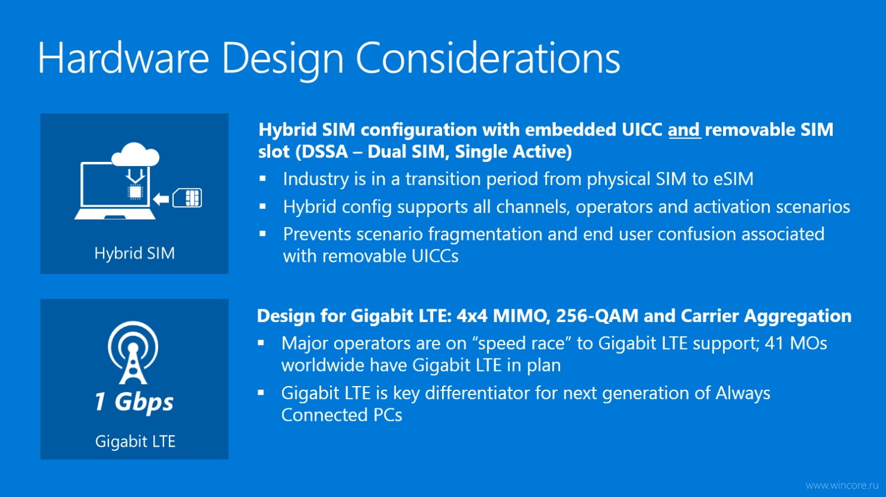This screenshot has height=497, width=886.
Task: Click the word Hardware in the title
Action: (123, 58)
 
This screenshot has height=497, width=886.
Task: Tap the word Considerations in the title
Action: (488, 58)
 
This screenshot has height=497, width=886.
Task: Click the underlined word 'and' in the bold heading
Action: (684, 129)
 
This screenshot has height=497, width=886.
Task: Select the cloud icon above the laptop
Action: (135, 154)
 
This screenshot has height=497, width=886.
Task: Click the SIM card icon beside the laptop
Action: (187, 198)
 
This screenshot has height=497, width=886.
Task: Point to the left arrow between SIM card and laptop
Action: (161, 198)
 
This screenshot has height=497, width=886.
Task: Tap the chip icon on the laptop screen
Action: (135, 192)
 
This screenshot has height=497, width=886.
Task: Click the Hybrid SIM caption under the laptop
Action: (134, 253)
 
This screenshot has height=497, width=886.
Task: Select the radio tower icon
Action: (133, 352)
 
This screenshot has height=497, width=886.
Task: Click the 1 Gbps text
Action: (134, 402)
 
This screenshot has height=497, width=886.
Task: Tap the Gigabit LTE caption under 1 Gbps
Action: (135, 442)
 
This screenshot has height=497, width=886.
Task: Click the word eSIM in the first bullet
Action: (733, 179)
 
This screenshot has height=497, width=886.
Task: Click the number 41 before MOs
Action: (775, 344)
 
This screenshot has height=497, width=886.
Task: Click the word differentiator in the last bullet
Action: (477, 393)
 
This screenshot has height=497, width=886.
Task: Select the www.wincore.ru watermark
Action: (841, 485)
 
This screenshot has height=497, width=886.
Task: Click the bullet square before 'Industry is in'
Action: (262, 179)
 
